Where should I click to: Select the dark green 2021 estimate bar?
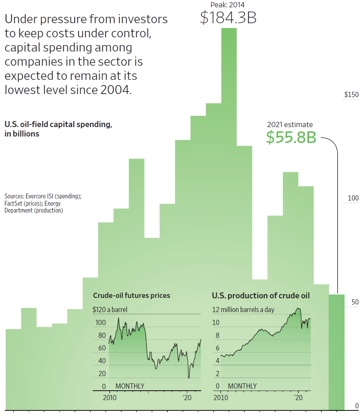click(x=336, y=352)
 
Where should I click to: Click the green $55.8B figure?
click(x=290, y=137)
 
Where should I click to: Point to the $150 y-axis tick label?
click(x=351, y=95)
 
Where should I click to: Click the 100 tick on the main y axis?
click(x=353, y=198)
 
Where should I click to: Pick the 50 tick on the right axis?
click(x=354, y=302)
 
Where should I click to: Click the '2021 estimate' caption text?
click(x=290, y=124)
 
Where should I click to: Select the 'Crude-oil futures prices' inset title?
click(x=131, y=295)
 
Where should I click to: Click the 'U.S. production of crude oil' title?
click(x=261, y=295)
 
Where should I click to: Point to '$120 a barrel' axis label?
click(x=110, y=310)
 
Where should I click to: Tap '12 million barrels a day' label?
click(x=243, y=310)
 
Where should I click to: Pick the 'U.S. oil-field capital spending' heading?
click(x=58, y=125)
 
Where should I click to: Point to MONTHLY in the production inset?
click(x=242, y=386)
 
